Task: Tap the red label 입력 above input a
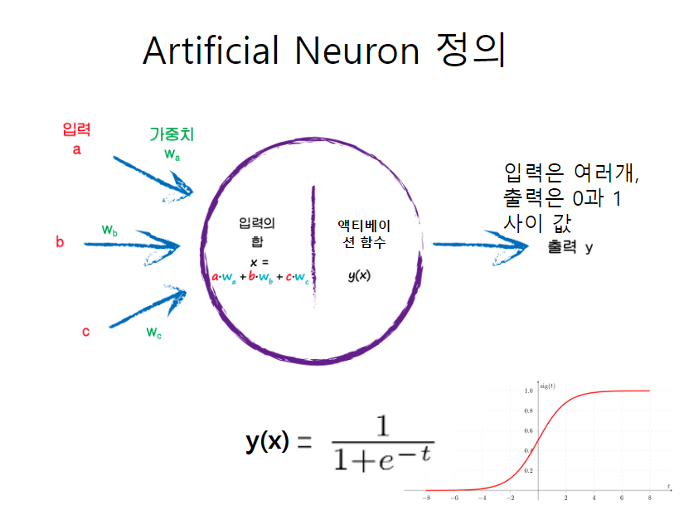point(76,129)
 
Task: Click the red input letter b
point(60,242)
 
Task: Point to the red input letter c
point(85,332)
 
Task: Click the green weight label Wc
point(154,333)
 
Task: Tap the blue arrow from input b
point(133,245)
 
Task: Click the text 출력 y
point(570,247)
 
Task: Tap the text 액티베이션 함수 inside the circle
point(365,233)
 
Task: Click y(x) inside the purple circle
point(358,275)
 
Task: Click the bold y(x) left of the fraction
point(267,441)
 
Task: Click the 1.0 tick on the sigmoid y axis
point(528,390)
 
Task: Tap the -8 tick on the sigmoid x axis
point(425,498)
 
